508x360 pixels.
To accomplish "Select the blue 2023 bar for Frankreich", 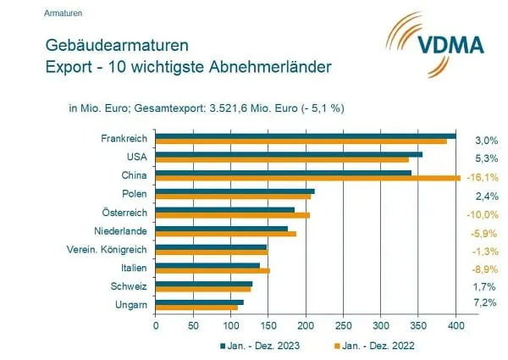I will pos(306,136).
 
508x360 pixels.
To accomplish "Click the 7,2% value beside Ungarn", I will pos(483,302).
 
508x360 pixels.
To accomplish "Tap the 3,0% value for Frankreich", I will pos(483,140).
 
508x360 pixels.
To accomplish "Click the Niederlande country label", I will pos(120,230).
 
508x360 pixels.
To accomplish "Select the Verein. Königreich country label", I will pos(107,249).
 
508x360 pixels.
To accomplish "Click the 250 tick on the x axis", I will pos(343,324).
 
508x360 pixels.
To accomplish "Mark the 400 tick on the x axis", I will pos(456,324).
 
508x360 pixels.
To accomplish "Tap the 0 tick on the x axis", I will pos(156,324).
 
